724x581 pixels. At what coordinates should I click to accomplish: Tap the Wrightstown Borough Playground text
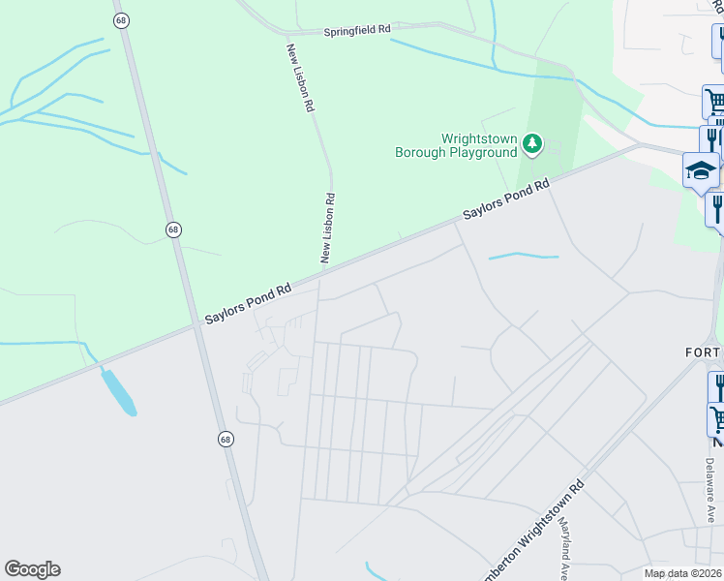456,145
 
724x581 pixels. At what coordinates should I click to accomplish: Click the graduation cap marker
701,171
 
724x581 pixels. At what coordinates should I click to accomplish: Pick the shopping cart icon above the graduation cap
714,101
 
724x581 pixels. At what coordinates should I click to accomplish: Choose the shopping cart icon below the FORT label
718,419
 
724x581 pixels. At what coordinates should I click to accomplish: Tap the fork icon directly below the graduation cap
717,207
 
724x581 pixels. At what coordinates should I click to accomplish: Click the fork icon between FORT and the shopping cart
718,387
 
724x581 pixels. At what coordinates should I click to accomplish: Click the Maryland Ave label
563,542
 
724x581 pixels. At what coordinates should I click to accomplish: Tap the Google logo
32,569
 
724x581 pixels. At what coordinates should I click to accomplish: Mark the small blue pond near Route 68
119,391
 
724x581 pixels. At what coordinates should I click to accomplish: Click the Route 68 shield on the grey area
225,439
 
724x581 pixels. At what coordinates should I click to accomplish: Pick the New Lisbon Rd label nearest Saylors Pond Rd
328,228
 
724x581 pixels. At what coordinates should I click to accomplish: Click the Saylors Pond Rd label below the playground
505,198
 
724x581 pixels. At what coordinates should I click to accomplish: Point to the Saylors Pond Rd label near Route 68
248,303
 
